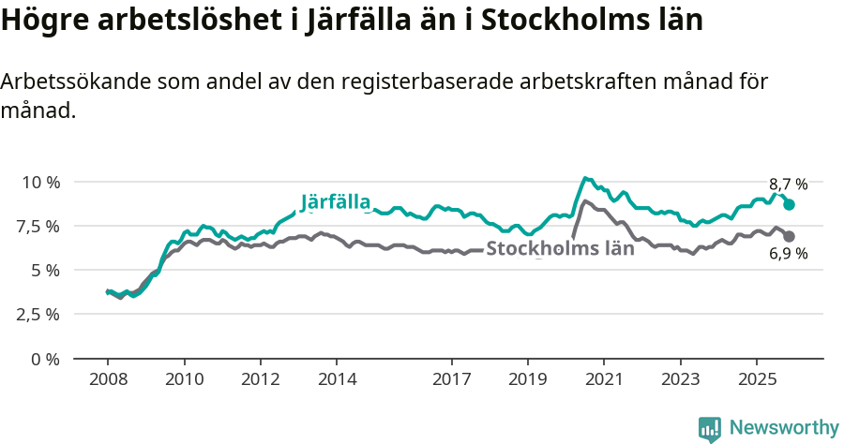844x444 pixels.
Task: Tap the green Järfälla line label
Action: coord(336,202)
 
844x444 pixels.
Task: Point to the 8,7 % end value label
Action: coord(788,185)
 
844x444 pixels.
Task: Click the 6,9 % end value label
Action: coord(788,254)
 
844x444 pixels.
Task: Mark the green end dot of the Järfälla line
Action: coord(790,204)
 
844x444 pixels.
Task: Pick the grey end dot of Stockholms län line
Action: coord(790,237)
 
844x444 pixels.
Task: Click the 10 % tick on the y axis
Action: coord(41,182)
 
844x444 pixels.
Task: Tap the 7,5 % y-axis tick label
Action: coord(38,226)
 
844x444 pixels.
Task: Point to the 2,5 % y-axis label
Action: coord(38,314)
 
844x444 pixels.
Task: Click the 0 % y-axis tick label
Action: coord(45,359)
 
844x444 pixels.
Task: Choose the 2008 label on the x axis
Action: coord(108,379)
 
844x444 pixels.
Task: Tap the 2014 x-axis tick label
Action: coord(337,379)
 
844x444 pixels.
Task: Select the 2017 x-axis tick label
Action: coord(451,379)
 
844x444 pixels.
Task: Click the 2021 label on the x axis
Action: coord(604,379)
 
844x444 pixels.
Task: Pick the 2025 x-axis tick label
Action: coord(757,379)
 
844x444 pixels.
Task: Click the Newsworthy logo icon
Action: coord(710,429)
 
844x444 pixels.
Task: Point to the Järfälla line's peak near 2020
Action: coord(585,178)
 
